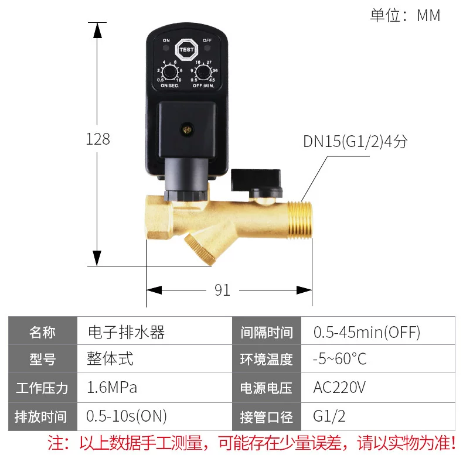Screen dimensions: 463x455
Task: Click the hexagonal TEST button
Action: [x=186, y=50]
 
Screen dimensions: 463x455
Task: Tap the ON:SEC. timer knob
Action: [x=170, y=72]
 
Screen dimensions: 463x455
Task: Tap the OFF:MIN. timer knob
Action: [x=203, y=72]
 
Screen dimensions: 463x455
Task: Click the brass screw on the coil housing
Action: [x=186, y=130]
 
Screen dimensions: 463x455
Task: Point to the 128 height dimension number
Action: [x=98, y=139]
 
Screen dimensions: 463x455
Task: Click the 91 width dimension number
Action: [x=222, y=290]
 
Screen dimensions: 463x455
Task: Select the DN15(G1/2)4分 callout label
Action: [x=355, y=141]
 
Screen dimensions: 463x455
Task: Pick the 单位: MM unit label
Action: [x=405, y=15]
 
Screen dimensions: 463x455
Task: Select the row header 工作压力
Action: [x=42, y=388]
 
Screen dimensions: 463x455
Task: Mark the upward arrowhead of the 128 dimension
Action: [x=97, y=30]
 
